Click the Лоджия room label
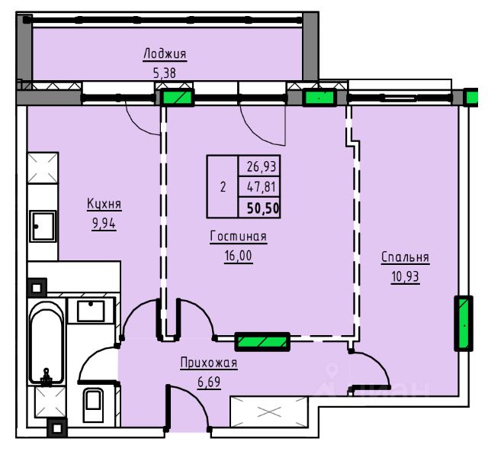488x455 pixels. click(165, 54)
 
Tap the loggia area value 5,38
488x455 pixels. click(165, 73)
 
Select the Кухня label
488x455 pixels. click(104, 204)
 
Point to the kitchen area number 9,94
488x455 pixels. click(104, 224)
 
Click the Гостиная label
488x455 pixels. click(239, 236)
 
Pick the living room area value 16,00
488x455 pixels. click(239, 256)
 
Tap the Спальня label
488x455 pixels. click(405, 257)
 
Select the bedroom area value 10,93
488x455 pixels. click(405, 276)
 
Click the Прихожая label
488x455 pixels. click(209, 363)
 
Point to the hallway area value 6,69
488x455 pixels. click(209, 382)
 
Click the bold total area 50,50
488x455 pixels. click(263, 208)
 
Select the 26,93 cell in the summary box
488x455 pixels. click(261, 166)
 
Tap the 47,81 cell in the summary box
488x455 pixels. click(261, 187)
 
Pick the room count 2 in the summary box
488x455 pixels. click(223, 187)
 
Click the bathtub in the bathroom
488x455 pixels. click(47, 344)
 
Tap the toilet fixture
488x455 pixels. click(93, 405)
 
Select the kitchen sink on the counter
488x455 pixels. click(43, 227)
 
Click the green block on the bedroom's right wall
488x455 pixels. click(464, 324)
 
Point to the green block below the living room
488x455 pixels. click(262, 342)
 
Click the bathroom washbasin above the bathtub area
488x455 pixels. click(91, 311)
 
